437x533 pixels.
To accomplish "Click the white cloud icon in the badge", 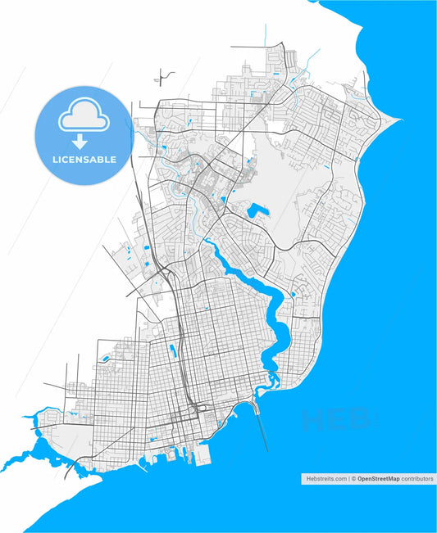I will tap(83, 119).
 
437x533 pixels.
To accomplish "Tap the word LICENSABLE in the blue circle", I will tap(83, 159).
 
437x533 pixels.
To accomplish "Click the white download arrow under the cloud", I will tap(83, 140).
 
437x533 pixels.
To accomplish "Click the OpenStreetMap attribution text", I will tap(380, 479).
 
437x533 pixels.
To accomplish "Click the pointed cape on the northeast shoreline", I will tap(398, 121).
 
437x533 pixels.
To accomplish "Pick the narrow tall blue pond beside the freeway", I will tap(172, 351).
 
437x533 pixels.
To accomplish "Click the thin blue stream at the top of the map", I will tap(266, 37).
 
